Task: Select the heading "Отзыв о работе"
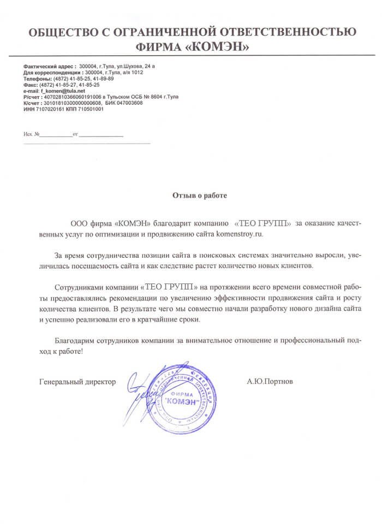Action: [x=199, y=194]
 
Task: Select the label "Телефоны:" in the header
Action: [x=38, y=79]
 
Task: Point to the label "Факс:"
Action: [x=30, y=85]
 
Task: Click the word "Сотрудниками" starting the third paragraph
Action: [x=79, y=287]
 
